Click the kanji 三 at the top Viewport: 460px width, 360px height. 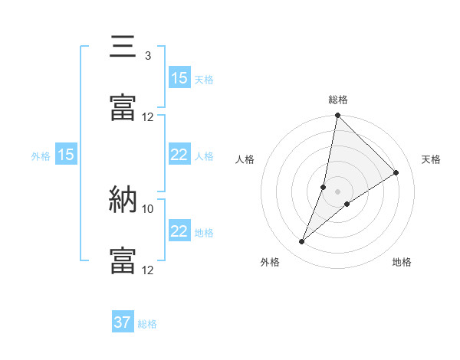pos(123,47)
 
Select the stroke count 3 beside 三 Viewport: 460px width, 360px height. pos(147,56)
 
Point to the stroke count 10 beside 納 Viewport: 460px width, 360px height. pos(148,208)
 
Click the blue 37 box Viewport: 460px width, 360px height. pos(123,322)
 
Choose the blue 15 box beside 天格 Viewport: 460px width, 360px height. pos(179,78)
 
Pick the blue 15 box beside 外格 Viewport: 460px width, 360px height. pos(66,155)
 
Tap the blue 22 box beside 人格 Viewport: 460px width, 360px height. pos(179,155)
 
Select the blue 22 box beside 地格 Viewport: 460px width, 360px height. pos(179,231)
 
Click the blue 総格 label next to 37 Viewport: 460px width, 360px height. pos(147,324)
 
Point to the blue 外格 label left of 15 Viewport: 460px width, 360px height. pos(41,155)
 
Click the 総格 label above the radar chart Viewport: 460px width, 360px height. pos(338,100)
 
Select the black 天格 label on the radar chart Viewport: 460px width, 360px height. pos(431,159)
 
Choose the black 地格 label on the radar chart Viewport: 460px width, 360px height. pos(402,262)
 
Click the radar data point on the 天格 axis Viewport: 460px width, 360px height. pos(396,172)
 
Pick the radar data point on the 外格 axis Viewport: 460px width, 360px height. pos(302,242)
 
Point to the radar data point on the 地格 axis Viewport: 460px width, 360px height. pos(347,203)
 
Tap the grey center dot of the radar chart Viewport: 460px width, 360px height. pos(338,191)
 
